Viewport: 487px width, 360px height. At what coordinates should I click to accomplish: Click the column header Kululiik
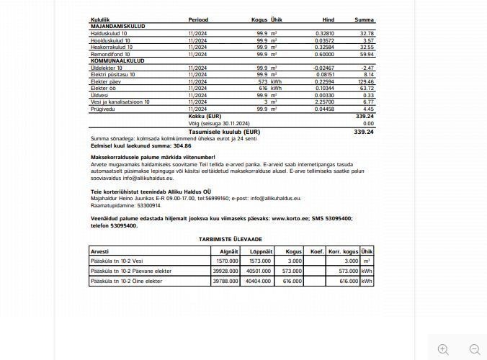(100, 19)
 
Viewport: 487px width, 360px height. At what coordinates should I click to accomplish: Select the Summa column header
(364, 19)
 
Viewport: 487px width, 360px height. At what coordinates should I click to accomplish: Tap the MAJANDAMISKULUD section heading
(117, 26)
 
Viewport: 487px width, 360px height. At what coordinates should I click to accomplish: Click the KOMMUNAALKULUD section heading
(117, 61)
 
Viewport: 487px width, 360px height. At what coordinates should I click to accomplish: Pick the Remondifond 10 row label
(111, 54)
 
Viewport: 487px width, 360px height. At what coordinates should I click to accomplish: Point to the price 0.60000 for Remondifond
(324, 54)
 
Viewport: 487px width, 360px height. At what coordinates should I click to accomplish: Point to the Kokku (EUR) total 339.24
(364, 116)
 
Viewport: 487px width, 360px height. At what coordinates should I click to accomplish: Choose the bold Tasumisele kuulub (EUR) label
(224, 132)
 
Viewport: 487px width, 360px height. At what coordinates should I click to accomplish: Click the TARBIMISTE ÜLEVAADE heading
(231, 238)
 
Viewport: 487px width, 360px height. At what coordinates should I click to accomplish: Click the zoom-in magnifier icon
(443, 349)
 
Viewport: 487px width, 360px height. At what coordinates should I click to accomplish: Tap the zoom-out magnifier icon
(474, 349)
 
